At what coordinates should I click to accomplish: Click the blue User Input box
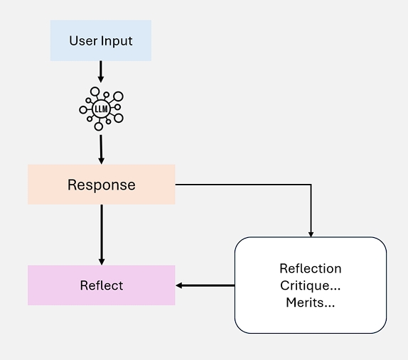click(x=101, y=40)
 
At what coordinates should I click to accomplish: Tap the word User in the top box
click(x=83, y=40)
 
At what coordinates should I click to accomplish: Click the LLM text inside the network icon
click(x=101, y=109)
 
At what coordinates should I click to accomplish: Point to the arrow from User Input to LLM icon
click(x=101, y=72)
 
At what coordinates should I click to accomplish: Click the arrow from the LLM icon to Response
click(x=101, y=149)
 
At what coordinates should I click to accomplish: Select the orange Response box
click(x=102, y=185)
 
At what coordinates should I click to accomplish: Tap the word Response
click(x=102, y=185)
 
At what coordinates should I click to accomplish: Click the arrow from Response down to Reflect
click(x=102, y=235)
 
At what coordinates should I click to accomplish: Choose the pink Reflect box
click(x=102, y=285)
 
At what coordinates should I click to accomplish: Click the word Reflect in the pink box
click(x=102, y=285)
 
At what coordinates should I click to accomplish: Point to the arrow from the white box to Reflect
click(x=205, y=285)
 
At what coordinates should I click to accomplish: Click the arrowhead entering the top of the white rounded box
click(x=311, y=234)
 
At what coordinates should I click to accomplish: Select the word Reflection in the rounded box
click(x=311, y=268)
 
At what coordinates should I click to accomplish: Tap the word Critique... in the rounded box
click(x=311, y=285)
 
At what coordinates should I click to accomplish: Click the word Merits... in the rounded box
click(x=311, y=302)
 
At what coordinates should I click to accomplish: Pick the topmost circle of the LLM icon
click(x=95, y=92)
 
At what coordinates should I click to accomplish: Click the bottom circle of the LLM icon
click(x=99, y=126)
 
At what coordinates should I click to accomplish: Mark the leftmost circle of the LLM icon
click(x=83, y=109)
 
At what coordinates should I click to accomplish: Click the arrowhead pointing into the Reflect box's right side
click(x=179, y=285)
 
